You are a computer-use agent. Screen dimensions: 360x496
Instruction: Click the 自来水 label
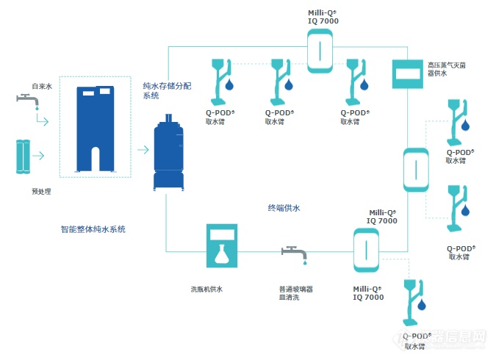click(42, 86)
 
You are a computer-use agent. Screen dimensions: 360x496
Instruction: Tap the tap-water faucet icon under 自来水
click(26, 101)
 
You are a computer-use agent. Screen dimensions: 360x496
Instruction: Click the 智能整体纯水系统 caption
click(93, 229)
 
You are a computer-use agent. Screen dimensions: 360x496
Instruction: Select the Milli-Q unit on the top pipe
click(322, 50)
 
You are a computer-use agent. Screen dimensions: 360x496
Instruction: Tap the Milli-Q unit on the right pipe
click(416, 170)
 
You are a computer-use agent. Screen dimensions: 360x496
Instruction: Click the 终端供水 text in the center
click(284, 208)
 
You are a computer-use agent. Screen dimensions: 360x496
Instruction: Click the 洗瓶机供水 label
click(206, 289)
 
